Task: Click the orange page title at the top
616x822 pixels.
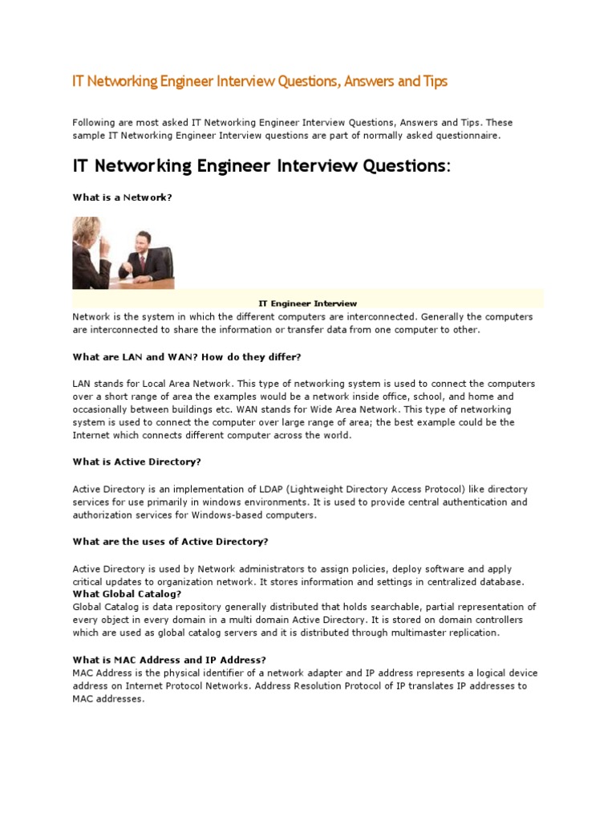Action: (x=260, y=82)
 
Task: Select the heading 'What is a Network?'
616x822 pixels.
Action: (x=122, y=197)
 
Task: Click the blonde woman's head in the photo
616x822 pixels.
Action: (x=86, y=228)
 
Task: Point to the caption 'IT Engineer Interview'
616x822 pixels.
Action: (x=307, y=303)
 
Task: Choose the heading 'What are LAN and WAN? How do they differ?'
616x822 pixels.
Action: (x=186, y=356)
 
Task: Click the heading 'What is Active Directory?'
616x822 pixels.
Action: (x=137, y=462)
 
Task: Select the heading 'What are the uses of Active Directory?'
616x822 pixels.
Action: (x=171, y=541)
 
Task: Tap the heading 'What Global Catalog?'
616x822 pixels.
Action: (x=127, y=593)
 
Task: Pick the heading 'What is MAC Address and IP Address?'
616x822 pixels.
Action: (x=169, y=660)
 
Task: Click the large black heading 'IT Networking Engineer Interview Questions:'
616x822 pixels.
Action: (x=261, y=166)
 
